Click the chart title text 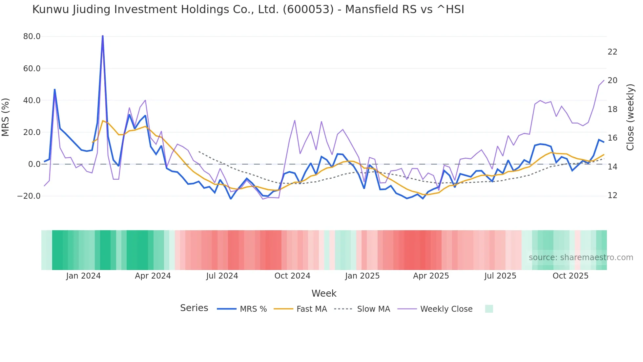point(248,10)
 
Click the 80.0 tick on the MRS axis point(32,36)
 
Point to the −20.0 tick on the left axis point(29,196)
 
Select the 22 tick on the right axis point(612,52)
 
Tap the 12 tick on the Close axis point(612,195)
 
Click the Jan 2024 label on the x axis point(83,276)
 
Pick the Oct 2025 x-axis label point(570,276)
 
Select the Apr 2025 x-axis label point(431,276)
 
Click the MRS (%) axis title point(6,117)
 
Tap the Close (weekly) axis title point(630,117)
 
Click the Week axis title point(324,293)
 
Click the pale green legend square point(489,309)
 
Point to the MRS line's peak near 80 point(103,36)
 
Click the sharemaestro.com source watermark point(581,258)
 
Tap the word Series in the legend point(194,308)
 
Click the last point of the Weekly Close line point(604,80)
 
